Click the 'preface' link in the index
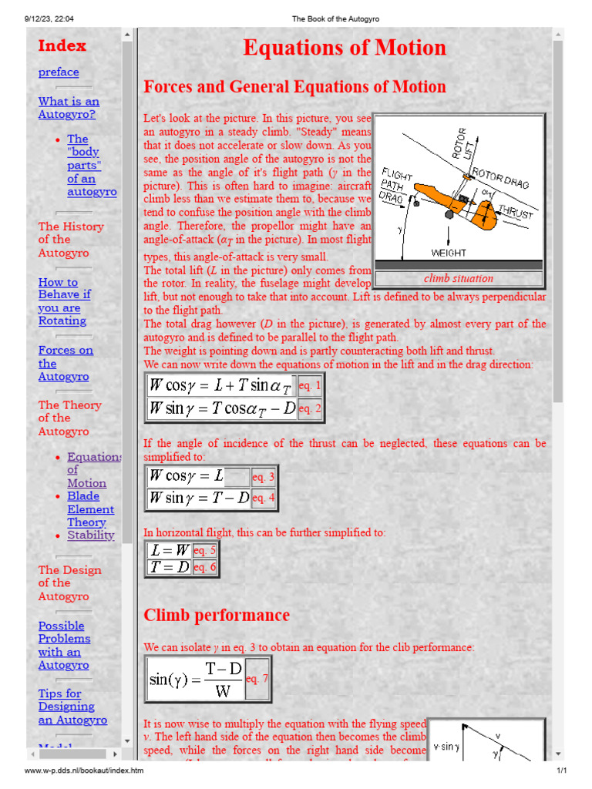pos(59,72)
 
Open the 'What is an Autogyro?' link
pos(69,108)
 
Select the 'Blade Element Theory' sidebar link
pos(90,509)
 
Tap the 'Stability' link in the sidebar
pos(90,535)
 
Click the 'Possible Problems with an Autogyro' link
pos(64,645)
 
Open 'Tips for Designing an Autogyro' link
pos(72,707)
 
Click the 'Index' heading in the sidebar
pos(62,45)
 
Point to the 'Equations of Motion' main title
pos(345,48)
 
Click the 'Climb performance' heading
pos(217,615)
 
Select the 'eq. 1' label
pos(310,384)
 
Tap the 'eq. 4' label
pos(264,498)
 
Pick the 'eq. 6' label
pos(205,567)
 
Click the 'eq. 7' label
pos(257,678)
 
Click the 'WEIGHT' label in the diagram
pos(449,252)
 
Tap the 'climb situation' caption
pos(459,278)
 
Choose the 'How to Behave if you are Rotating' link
pos(64,301)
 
